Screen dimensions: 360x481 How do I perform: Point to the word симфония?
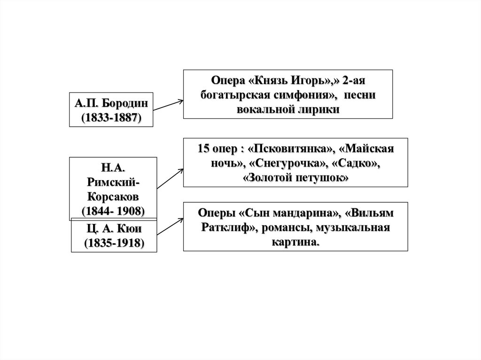pyautogui.click(x=306, y=94)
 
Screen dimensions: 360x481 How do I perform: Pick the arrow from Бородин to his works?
pyautogui.click(x=168, y=105)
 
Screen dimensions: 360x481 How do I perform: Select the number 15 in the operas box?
pyautogui.click(x=204, y=149)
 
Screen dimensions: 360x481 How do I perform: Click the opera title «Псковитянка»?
pyautogui.click(x=290, y=149)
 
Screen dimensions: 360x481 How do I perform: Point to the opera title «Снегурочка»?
pyautogui.click(x=288, y=164)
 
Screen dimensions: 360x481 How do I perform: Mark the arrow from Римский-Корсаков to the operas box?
pyautogui.click(x=170, y=179)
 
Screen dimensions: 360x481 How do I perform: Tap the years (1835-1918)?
pyautogui.click(x=114, y=244)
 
